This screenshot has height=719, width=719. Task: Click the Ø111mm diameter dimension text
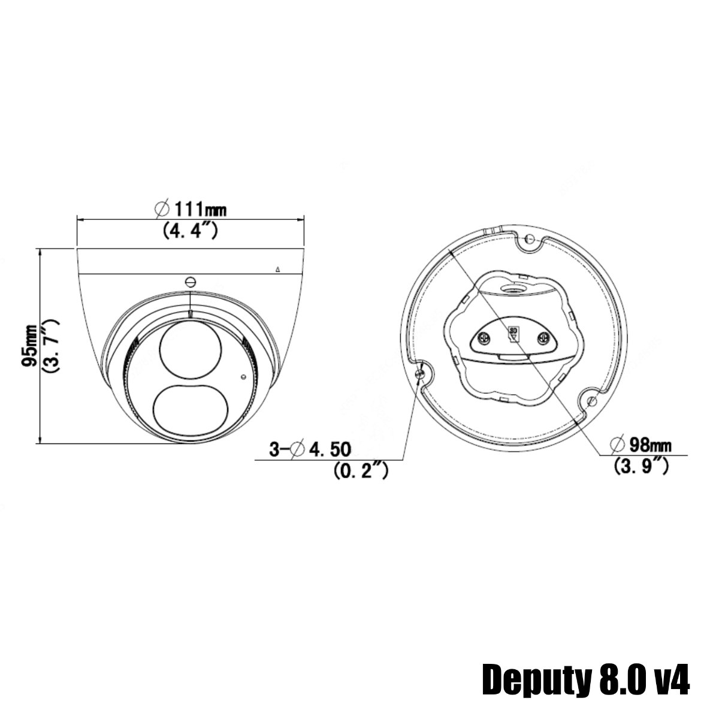[191, 209]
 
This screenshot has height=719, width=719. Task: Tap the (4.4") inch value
[190, 231]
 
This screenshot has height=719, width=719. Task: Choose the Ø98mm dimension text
[641, 445]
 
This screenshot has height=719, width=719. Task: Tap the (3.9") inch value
[642, 466]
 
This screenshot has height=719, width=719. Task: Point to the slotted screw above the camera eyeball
[191, 282]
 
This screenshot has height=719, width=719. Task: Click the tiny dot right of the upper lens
[243, 377]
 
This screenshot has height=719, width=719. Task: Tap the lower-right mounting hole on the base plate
[591, 400]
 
